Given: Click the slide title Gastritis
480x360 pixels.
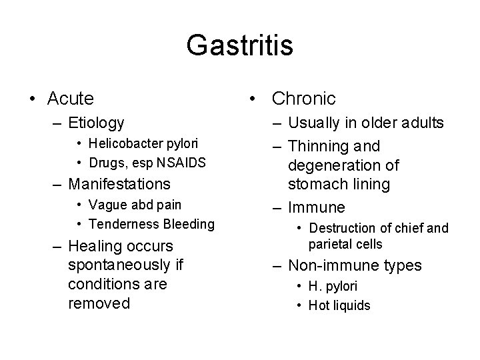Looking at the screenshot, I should pos(239,46).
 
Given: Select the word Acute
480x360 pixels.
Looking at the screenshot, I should pos(71,99).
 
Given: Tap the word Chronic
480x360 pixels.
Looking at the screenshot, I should pos(303,99).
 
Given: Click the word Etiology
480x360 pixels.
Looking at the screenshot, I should pos(96,123).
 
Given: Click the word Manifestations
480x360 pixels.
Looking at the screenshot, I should pos(119,183).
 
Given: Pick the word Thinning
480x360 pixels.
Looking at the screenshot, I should pos(316,146).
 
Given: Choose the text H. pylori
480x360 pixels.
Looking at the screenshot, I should pos(333,287).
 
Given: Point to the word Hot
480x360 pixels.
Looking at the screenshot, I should pos(319,305).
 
